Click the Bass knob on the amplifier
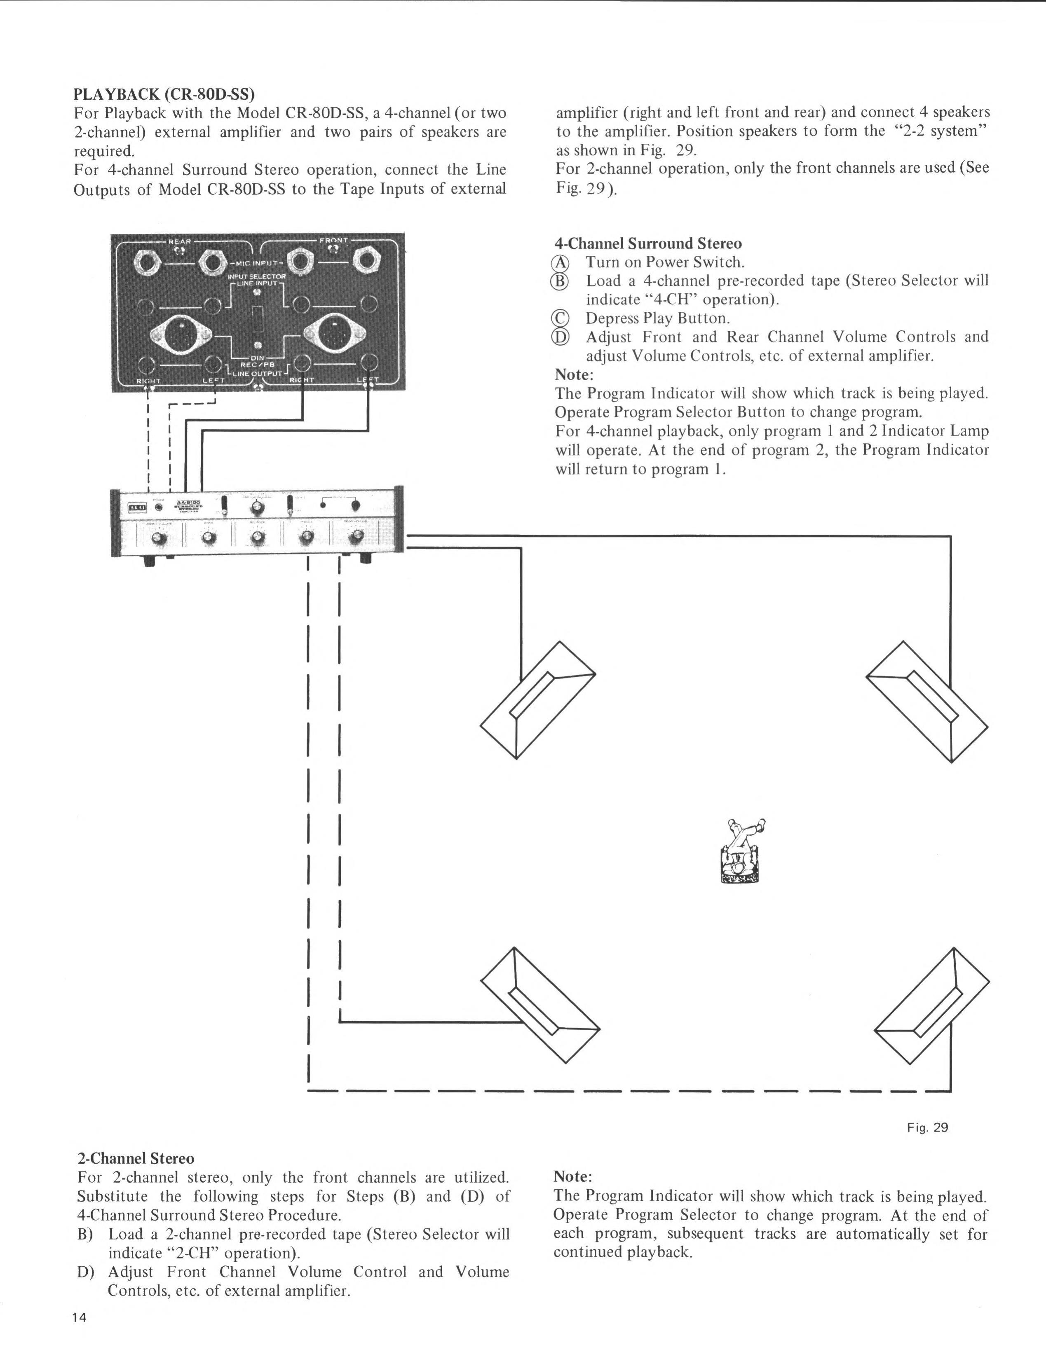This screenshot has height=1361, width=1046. coord(209,537)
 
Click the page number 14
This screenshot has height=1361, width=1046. coord(79,1335)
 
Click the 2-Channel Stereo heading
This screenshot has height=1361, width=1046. coord(136,1159)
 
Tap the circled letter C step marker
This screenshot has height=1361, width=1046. coord(561,319)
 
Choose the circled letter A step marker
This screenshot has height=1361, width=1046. coord(561,263)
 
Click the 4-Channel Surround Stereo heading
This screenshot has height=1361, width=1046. coord(648,243)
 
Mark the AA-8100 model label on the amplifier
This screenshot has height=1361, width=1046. coord(186,503)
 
